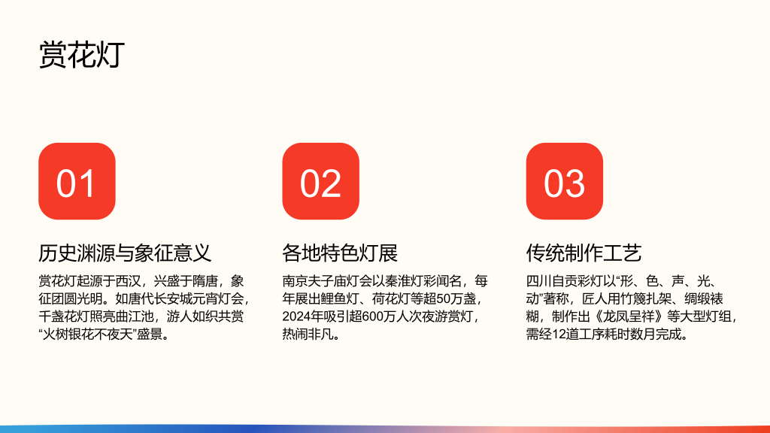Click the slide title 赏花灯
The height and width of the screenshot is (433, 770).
tap(81, 54)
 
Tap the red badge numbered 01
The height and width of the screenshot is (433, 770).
tap(77, 181)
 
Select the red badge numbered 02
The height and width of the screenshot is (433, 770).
tap(320, 181)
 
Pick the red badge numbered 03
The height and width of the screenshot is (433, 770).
tap(564, 181)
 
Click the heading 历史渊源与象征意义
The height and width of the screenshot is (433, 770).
tap(125, 253)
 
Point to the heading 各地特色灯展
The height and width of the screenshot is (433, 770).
tap(340, 253)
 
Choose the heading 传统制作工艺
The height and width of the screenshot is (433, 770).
tap(584, 253)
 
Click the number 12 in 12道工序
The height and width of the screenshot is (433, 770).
tap(559, 335)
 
